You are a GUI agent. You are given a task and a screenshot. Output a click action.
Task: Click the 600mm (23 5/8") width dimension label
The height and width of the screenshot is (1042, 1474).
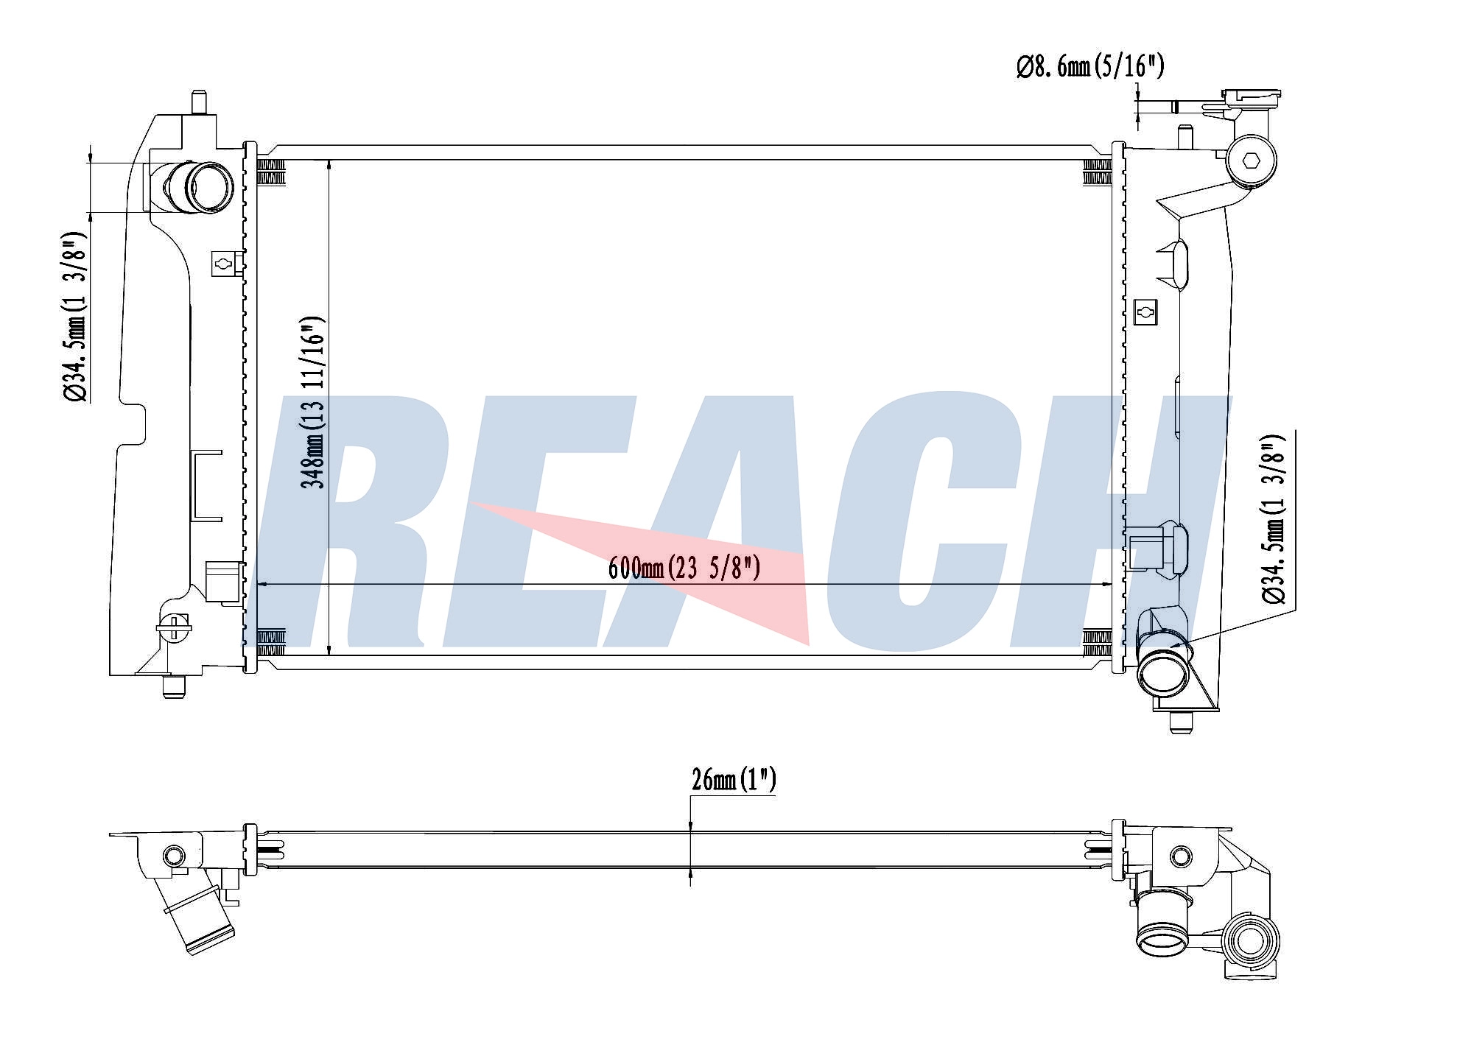684,568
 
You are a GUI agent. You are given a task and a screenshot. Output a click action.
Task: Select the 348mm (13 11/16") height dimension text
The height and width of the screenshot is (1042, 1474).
312,404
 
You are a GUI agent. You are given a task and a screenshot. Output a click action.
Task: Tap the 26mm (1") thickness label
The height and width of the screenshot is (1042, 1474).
734,779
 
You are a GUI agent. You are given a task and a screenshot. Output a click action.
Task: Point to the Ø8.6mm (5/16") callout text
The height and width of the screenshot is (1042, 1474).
1090,67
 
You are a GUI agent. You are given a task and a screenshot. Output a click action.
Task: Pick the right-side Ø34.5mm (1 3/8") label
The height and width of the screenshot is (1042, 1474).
1274,519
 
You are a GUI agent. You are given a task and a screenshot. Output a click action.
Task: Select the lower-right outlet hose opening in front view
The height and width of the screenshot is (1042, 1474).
1163,669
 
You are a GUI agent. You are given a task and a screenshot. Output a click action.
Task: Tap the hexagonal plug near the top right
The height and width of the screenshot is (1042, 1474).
1252,161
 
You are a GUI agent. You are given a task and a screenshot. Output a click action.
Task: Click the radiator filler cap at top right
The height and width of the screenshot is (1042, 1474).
1251,97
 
